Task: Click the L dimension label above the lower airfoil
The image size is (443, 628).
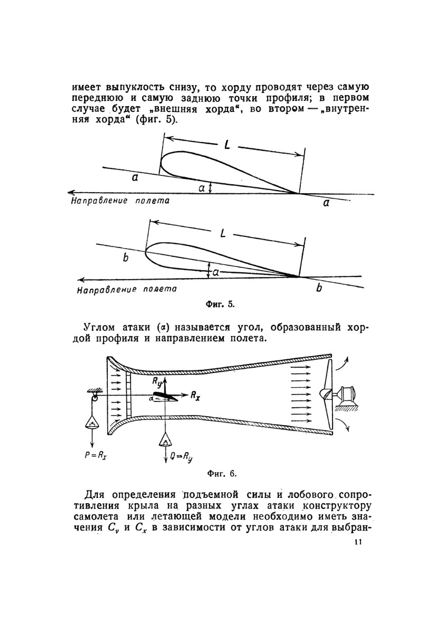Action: (x=223, y=233)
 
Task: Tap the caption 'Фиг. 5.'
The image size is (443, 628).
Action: (x=220, y=305)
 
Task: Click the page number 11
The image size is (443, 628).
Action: (x=358, y=542)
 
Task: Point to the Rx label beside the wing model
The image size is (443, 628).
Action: (x=195, y=395)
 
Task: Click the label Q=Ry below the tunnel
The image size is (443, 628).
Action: (x=181, y=457)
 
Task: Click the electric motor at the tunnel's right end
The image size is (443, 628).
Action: (x=347, y=394)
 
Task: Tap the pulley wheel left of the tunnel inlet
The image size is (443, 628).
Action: (x=94, y=399)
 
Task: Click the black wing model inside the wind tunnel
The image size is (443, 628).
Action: (x=165, y=396)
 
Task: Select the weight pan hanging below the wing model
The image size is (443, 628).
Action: (x=165, y=439)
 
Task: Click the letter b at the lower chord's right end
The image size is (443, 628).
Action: (x=319, y=288)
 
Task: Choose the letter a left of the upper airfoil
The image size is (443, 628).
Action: (x=135, y=178)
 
